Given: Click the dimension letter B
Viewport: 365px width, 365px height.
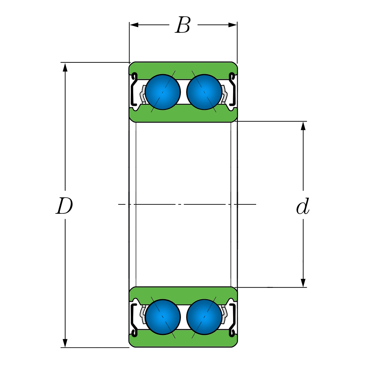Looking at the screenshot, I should (183, 25).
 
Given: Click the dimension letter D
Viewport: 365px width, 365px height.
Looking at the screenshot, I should (64, 206).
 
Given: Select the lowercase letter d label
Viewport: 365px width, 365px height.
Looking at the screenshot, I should (303, 207).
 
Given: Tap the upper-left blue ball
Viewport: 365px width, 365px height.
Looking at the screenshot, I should (163, 92).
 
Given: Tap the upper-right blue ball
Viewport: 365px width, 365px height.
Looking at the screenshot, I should (204, 92).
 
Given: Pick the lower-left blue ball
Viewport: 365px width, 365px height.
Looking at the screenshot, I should (163, 317).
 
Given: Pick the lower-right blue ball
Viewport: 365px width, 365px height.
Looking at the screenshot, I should (204, 317).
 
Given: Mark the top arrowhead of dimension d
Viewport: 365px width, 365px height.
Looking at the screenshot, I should (303, 126).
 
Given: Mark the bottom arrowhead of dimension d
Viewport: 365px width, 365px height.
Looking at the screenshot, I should (303, 283).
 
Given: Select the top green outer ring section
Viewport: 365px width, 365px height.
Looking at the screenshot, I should (183, 68).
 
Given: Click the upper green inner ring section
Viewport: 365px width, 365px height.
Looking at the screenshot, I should (183, 115).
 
